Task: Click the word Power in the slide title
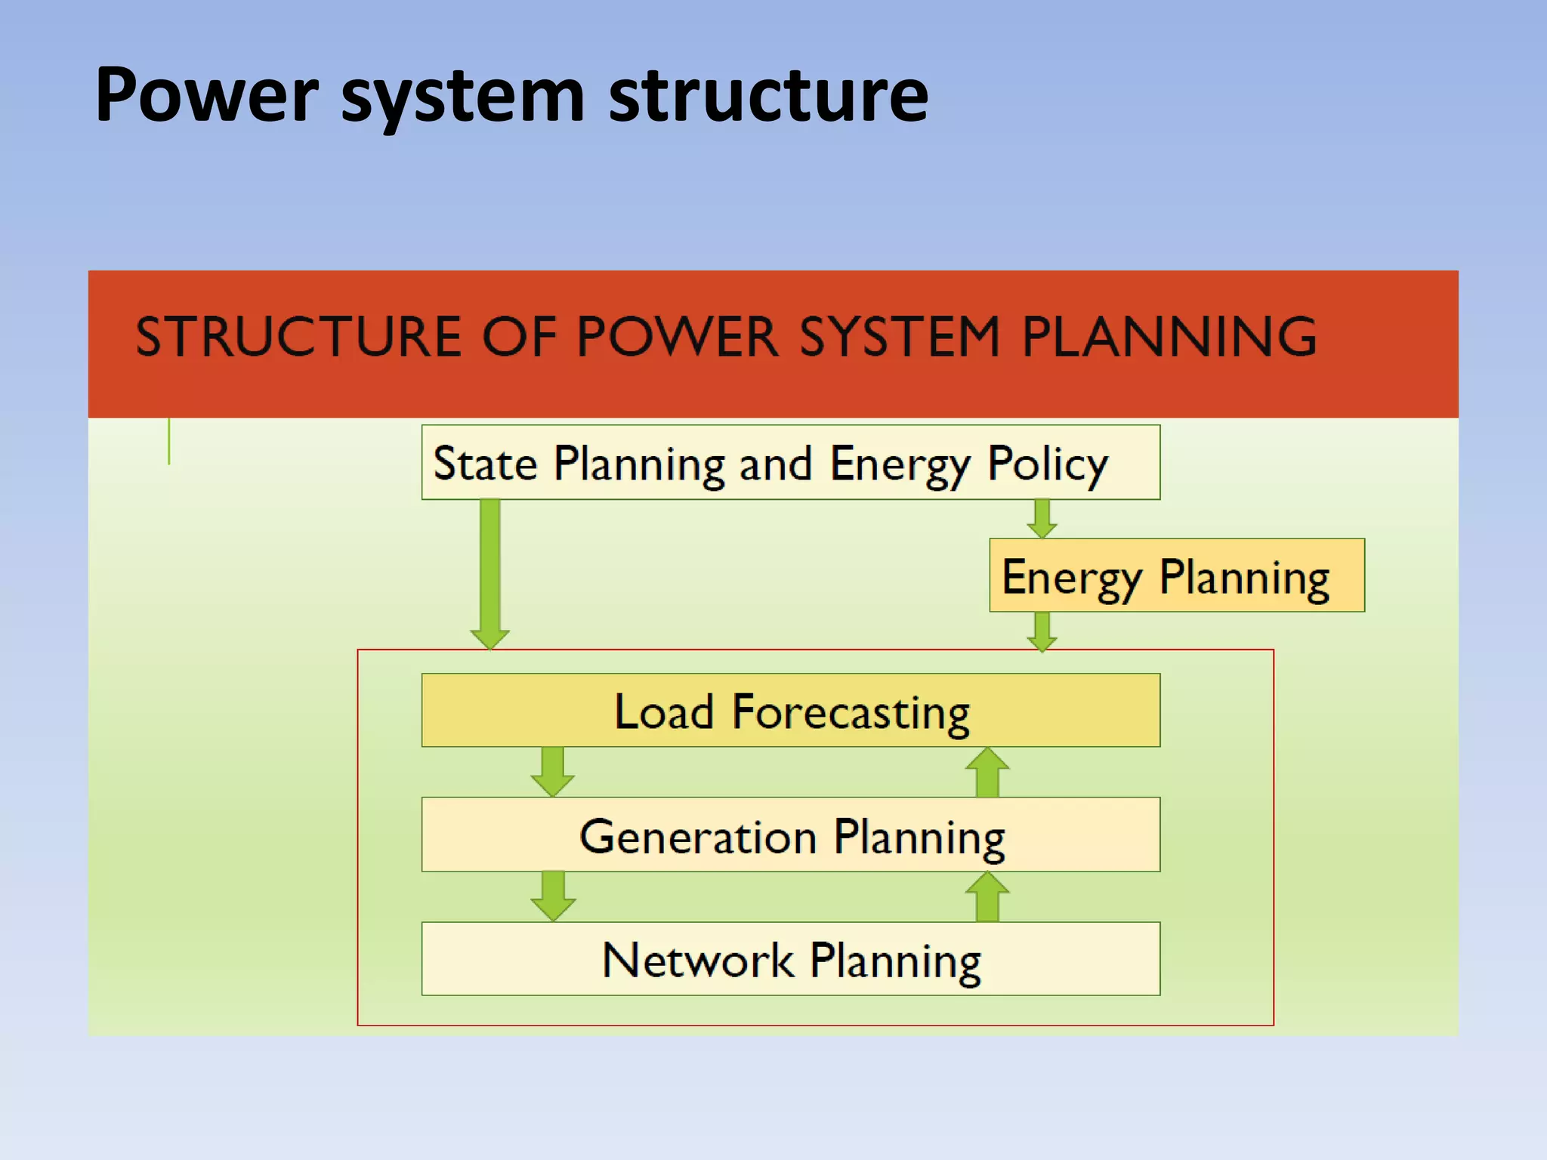206,95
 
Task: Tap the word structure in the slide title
768,95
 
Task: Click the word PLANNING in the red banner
1169,337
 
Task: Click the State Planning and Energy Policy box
790,462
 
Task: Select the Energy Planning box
1176,575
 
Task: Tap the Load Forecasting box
790,711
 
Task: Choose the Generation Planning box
790,835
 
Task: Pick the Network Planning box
790,959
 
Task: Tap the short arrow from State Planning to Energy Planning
1042,519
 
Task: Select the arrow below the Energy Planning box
1042,631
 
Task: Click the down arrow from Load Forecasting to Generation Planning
553,771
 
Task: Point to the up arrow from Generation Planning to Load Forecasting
987,772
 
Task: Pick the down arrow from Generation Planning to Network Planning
553,896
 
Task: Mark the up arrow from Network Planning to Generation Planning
987,896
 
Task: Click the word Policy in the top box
1048,464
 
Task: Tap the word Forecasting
851,713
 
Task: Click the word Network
697,961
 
